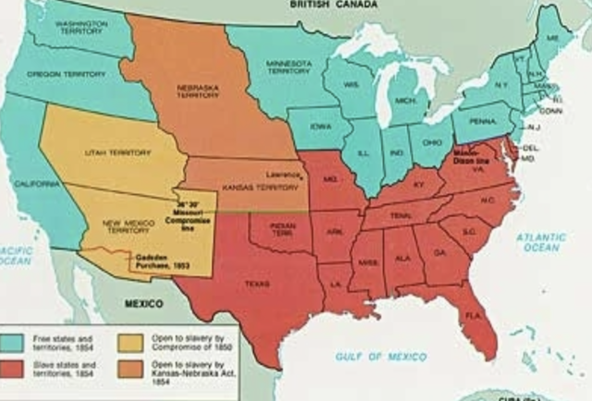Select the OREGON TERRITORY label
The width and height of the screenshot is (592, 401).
(66, 72)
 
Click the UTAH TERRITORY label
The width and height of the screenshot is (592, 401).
(110, 152)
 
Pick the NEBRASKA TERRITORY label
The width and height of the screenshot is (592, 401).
(195, 93)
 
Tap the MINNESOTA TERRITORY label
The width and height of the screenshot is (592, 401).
(288, 66)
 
